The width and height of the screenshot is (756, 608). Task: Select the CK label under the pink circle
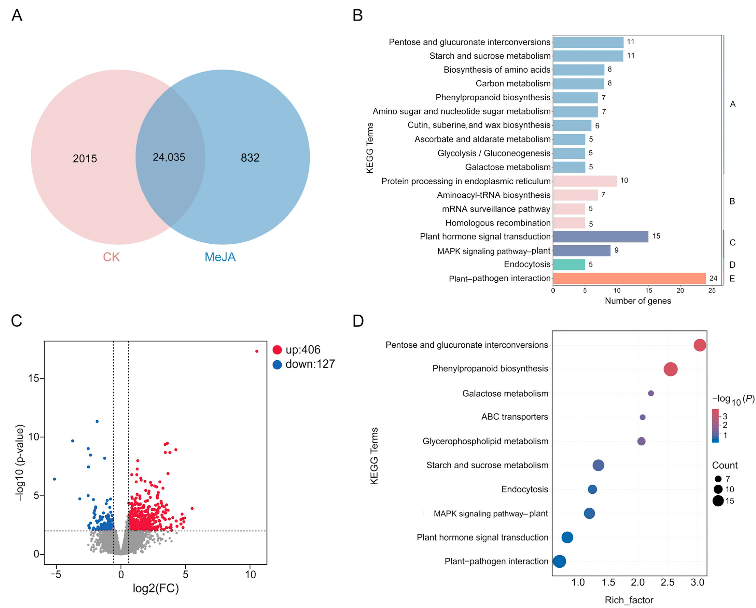[x=111, y=257]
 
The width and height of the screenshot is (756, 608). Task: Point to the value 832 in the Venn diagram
[x=250, y=158]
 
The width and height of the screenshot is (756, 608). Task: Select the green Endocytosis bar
[x=569, y=264]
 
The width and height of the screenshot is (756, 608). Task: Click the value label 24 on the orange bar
[x=713, y=278]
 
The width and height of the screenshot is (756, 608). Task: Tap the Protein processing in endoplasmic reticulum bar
[x=585, y=181]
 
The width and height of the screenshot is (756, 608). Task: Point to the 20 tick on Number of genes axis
[x=680, y=290]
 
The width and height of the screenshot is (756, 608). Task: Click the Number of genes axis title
[x=638, y=301]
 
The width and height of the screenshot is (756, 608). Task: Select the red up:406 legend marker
[x=277, y=350]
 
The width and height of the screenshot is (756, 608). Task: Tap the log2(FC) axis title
[x=156, y=588]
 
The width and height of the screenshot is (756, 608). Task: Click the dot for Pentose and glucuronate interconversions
[x=699, y=345]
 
